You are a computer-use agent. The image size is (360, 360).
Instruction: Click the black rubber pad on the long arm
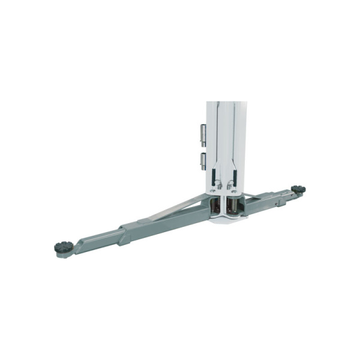click(x=64, y=247)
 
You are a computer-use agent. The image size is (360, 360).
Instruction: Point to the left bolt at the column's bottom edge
click(x=212, y=191)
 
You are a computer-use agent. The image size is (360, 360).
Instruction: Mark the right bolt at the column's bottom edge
click(x=238, y=191)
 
